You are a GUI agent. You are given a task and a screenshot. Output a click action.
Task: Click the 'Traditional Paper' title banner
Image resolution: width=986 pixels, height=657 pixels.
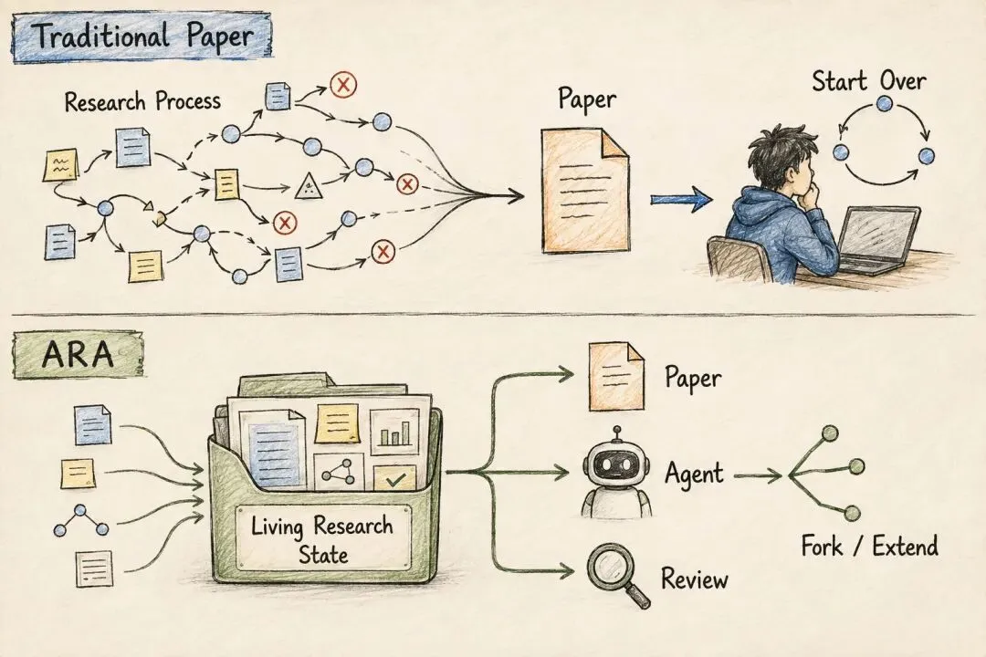click(x=142, y=37)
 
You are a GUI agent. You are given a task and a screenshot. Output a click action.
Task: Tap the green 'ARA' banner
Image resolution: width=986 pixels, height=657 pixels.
click(x=78, y=355)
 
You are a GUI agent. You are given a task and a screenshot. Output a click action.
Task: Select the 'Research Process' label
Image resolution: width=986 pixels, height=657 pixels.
click(x=142, y=101)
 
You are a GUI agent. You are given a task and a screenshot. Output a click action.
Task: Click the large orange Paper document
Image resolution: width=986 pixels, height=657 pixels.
click(x=585, y=191)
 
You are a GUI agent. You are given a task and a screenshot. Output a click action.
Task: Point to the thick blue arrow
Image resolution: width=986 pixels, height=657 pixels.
click(x=681, y=199)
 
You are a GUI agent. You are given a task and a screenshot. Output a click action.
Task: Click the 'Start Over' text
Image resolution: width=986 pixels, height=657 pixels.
click(x=868, y=82)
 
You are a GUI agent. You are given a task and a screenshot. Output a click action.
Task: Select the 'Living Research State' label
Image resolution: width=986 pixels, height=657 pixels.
click(x=322, y=538)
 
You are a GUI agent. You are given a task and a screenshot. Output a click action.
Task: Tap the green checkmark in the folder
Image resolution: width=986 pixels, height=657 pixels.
click(x=395, y=481)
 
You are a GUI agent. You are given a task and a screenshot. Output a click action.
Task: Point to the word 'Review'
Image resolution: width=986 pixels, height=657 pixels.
click(x=694, y=579)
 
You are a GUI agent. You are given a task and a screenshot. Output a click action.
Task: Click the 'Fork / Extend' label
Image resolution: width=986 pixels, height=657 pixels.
click(x=870, y=546)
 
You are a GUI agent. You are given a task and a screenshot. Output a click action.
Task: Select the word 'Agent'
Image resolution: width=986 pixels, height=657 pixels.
click(x=694, y=474)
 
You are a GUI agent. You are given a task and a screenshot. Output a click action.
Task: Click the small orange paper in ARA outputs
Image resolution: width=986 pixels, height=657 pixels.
click(x=616, y=377)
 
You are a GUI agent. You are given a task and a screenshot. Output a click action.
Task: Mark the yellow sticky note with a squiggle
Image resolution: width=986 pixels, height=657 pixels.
click(x=60, y=165)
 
